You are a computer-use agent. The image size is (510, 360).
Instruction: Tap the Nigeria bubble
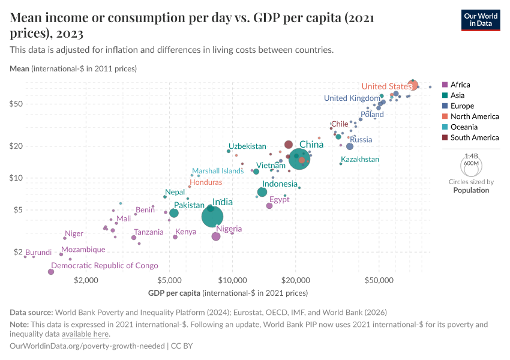[216, 236]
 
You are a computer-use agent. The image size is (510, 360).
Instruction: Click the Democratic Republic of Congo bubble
[51, 272]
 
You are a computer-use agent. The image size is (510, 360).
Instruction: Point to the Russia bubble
[350, 146]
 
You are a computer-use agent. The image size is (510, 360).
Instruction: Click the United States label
[386, 86]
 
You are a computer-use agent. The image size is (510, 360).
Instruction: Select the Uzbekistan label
[247, 146]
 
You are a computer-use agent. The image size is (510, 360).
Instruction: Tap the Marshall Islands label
[217, 171]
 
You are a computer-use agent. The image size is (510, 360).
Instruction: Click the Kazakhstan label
[360, 160]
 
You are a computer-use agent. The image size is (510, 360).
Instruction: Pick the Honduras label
[206, 182]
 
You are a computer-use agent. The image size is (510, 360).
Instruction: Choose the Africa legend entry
[460, 85]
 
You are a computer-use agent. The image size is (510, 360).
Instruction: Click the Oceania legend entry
[464, 127]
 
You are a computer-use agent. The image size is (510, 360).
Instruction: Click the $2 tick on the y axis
[18, 252]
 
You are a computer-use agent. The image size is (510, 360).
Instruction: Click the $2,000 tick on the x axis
[86, 280]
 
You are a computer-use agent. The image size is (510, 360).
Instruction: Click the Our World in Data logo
[481, 19]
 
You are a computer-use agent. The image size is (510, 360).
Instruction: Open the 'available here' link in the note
[85, 334]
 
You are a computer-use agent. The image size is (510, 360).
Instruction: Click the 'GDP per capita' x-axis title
[174, 293]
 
